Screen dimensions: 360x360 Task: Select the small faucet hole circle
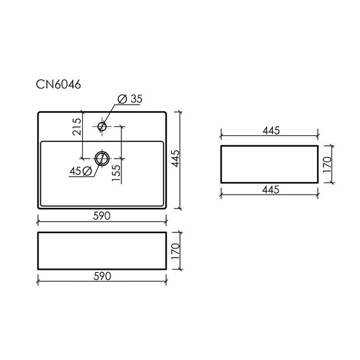pos(102,126)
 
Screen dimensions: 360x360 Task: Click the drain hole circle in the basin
pos(102,157)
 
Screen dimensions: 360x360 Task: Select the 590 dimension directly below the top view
pos(102,216)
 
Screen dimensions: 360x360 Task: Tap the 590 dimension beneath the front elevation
pos(102,276)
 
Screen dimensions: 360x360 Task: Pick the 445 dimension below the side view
pos(270,189)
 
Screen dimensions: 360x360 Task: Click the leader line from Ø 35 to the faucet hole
pos(111,114)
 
